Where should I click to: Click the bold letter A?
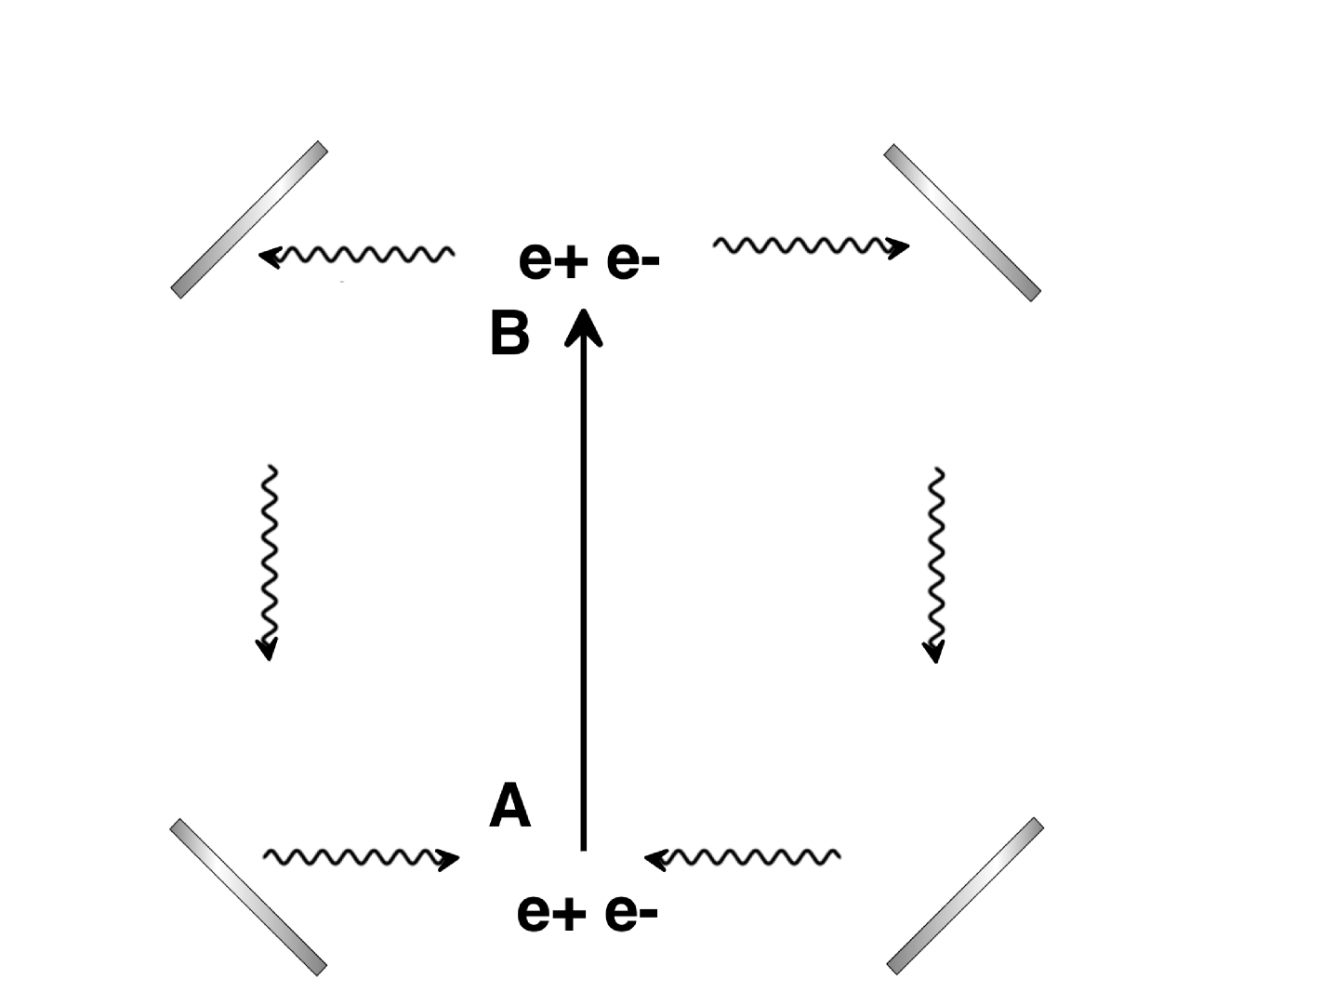510,805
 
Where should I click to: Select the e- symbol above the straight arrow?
633,262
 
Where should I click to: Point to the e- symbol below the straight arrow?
632,914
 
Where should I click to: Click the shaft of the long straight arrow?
585,595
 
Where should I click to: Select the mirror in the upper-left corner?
249,219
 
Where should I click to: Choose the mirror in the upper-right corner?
962,222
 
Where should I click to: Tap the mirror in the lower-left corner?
249,896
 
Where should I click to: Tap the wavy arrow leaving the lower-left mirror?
361,856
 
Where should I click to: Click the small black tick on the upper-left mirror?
279,191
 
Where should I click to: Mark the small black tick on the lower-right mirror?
996,866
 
